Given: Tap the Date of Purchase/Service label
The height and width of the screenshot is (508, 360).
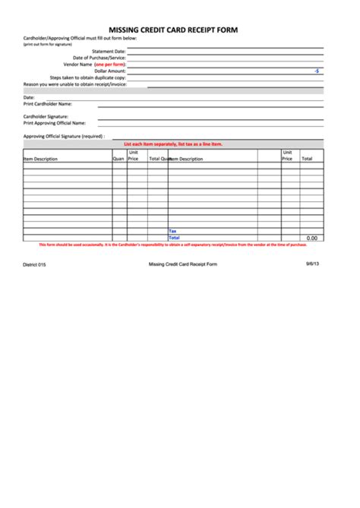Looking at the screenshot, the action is point(99,58).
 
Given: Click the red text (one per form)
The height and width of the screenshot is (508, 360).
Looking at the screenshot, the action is point(110,65).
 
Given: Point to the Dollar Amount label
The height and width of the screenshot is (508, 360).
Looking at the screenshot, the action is point(110,71).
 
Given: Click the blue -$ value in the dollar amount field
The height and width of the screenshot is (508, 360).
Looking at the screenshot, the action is point(317,71).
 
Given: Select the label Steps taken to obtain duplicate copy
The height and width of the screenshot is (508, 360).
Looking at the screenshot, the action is point(88,77).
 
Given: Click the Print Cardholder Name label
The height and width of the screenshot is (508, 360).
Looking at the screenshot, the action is point(48,104).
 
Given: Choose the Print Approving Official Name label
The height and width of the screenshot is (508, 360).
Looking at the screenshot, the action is point(55,122).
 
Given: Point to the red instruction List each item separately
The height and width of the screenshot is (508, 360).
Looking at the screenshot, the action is point(183,144).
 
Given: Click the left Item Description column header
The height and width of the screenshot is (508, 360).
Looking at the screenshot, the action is point(41,159).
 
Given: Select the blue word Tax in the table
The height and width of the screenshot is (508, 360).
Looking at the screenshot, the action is point(172,230).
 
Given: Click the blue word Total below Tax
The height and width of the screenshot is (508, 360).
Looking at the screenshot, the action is point(174,238).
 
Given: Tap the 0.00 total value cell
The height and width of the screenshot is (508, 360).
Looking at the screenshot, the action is point(311,238).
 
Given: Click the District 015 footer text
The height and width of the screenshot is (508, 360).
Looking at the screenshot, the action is point(34,264).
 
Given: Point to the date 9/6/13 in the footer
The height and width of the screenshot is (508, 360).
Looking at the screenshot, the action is point(313,263).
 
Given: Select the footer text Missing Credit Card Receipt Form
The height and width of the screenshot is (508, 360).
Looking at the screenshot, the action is point(183,264).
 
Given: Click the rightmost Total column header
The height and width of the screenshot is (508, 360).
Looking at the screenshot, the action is point(307,159).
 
